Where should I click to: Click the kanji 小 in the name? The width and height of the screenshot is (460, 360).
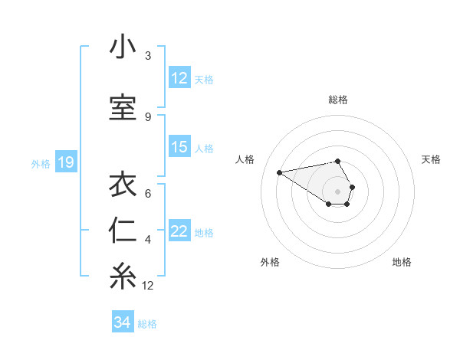pyautogui.click(x=123, y=47)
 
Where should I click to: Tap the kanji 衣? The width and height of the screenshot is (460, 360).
pyautogui.click(x=123, y=185)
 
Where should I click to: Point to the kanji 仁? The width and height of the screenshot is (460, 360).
pyautogui.click(x=123, y=231)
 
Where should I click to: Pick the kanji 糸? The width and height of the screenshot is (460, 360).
pyautogui.click(x=123, y=277)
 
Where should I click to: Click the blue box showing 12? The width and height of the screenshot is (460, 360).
pyautogui.click(x=179, y=78)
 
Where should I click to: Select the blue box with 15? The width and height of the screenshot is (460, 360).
pyautogui.click(x=179, y=147)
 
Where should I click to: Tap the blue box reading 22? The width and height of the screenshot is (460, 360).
pyautogui.click(x=179, y=232)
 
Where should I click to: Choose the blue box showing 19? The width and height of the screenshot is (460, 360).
pyautogui.click(x=65, y=162)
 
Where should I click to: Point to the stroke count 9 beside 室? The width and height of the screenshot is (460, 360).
pyautogui.click(x=148, y=116)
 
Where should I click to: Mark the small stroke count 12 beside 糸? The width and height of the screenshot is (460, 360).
pyautogui.click(x=148, y=286)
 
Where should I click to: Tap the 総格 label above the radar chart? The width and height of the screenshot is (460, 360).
pyautogui.click(x=338, y=100)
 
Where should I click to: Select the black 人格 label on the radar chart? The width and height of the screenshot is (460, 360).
pyautogui.click(x=246, y=159)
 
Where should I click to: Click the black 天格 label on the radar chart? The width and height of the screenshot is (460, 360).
pyautogui.click(x=432, y=159)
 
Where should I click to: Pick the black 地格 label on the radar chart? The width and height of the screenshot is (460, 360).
pyautogui.click(x=402, y=262)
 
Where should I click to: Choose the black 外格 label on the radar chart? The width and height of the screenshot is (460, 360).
pyautogui.click(x=270, y=262)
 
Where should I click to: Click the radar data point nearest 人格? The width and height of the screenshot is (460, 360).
pyautogui.click(x=280, y=172)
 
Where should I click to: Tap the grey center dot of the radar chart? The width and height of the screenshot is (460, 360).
pyautogui.click(x=337, y=191)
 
